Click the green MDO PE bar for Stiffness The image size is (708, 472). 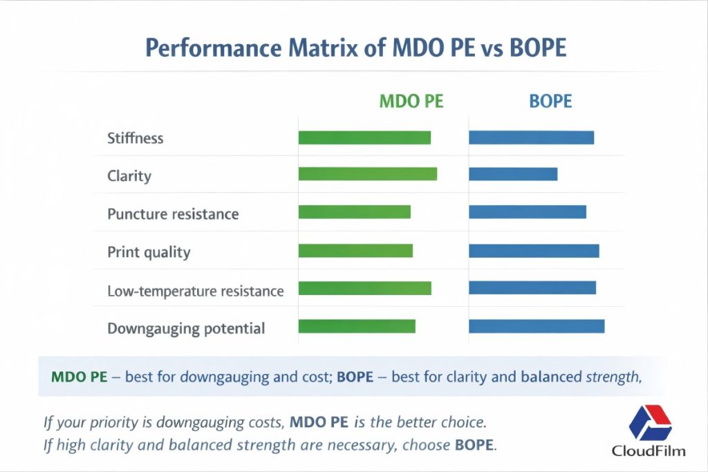364,138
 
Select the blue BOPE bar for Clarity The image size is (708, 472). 512,175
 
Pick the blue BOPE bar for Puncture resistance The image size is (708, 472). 527,212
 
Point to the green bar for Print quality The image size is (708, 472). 355,251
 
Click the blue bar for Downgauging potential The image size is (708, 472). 537,326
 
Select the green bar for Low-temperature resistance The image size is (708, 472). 364,288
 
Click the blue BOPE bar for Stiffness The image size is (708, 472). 531,138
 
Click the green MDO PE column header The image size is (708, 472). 411,102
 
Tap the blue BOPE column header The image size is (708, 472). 550,102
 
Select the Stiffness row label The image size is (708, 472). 136,138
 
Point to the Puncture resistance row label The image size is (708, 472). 173,214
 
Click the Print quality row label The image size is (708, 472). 149,252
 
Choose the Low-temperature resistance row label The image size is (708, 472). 196,291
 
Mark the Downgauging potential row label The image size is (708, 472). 186,328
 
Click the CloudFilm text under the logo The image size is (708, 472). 649,451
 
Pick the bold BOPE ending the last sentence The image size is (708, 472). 474,445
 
